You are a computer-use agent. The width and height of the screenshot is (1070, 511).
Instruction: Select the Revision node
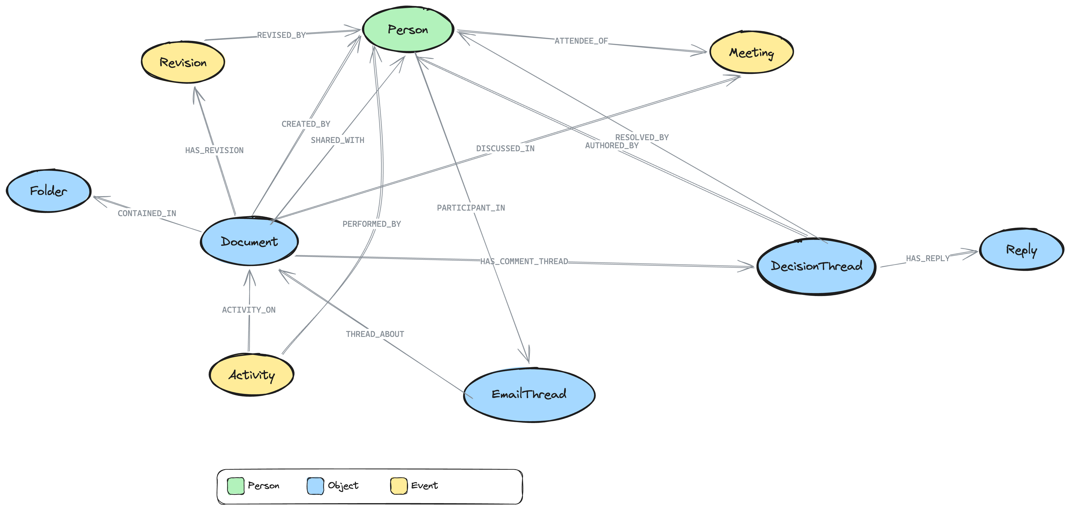click(x=183, y=63)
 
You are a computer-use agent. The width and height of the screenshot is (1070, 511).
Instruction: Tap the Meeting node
click(x=751, y=53)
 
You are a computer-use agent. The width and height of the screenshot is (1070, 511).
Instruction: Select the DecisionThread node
click(x=816, y=266)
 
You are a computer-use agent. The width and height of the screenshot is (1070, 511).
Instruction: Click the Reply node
click(x=1021, y=249)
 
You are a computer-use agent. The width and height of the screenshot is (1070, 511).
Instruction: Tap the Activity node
click(x=251, y=375)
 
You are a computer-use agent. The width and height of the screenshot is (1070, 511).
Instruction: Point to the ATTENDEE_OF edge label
click(x=581, y=41)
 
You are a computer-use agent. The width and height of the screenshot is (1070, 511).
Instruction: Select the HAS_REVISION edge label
click(x=214, y=150)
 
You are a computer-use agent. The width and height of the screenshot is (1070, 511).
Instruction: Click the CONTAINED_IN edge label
click(x=147, y=213)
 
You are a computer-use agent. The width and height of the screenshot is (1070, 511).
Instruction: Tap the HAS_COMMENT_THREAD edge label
click(x=524, y=261)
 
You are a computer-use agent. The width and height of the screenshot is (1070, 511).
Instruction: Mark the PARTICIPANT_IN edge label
click(x=471, y=208)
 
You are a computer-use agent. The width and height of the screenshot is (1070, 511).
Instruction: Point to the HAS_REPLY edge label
click(x=927, y=258)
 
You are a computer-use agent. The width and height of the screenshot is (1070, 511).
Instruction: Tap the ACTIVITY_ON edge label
click(x=248, y=310)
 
